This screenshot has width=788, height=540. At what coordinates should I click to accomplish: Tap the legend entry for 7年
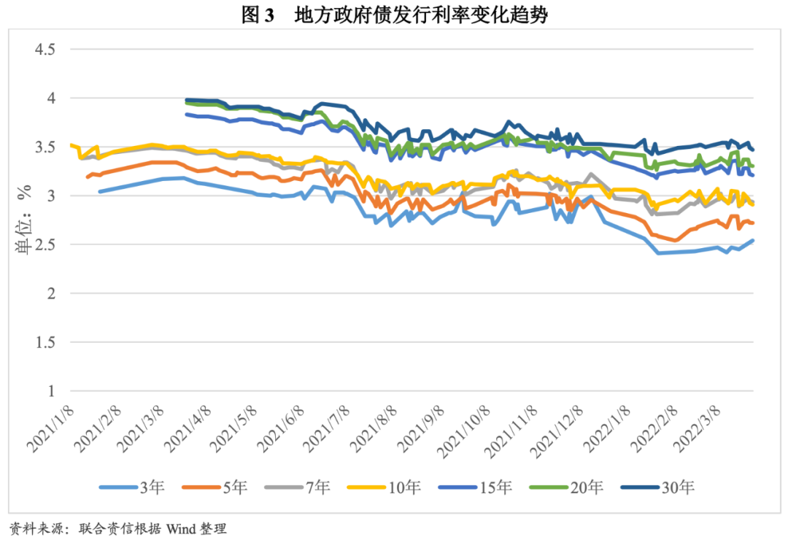point(317,487)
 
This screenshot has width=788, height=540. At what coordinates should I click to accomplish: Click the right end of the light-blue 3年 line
point(752,241)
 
